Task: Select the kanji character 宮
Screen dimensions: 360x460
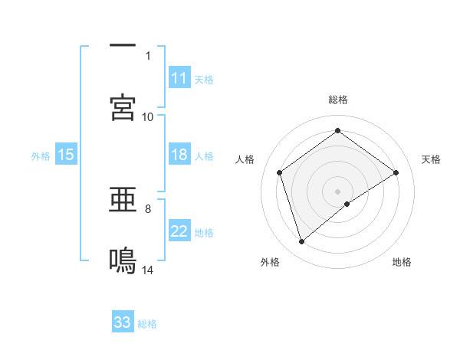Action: tap(123, 107)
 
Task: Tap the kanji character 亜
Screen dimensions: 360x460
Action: tap(123, 201)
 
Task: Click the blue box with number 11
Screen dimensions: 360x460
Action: tap(179, 78)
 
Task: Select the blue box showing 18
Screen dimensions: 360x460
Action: tap(179, 155)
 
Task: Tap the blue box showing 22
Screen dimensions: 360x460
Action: tap(179, 231)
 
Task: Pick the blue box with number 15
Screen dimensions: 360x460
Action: tap(66, 155)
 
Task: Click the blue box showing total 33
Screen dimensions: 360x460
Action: tap(123, 322)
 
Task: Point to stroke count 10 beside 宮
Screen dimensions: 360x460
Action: tap(148, 116)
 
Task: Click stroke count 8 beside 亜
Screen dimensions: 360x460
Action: tap(148, 208)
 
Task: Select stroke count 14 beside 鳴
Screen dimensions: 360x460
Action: tap(148, 270)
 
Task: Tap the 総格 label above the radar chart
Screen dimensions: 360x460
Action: tap(338, 100)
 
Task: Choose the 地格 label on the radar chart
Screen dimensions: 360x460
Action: tap(402, 262)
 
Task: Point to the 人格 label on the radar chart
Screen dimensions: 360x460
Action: tap(245, 159)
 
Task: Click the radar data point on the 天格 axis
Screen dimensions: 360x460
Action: tap(396, 172)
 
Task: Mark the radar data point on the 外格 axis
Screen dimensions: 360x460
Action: tap(302, 242)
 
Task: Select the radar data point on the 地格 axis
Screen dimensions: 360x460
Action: tap(347, 204)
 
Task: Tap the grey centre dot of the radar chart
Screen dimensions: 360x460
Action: tap(338, 191)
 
